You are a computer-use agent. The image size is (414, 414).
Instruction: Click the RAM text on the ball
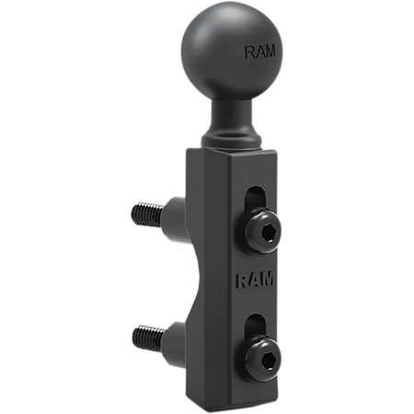point(259,52)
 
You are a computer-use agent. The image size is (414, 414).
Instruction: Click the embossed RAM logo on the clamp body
point(256,280)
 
